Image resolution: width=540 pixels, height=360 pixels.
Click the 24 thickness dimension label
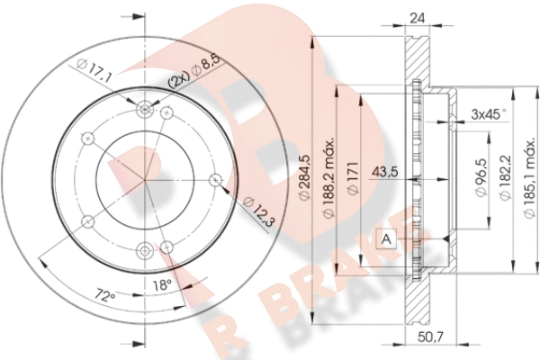pos(417,18)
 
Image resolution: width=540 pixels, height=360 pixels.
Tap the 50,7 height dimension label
pos(430,337)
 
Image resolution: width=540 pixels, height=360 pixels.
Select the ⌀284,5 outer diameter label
pos(305,177)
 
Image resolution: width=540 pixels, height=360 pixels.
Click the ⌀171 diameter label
pos(353,178)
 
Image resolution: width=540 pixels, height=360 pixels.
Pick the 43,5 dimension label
pos(385,171)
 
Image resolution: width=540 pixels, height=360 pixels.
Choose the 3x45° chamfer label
pos(490,113)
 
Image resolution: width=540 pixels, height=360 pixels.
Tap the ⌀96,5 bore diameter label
pos(481,177)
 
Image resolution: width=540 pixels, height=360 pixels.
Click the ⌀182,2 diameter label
pos(505,177)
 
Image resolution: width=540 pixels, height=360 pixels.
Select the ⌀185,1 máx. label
pos(529,178)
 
